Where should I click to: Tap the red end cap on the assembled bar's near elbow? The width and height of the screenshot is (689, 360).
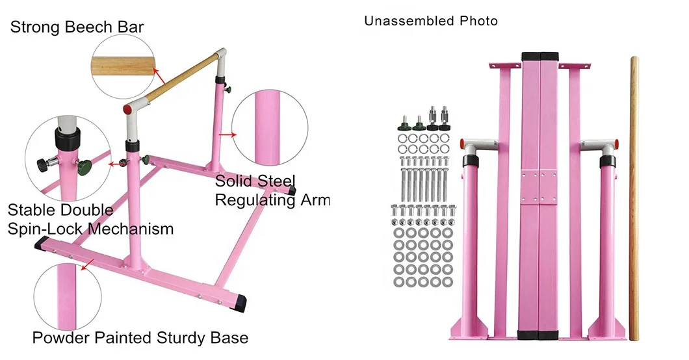click(x=128, y=110)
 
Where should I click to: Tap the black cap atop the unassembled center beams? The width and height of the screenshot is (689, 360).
click(x=541, y=56)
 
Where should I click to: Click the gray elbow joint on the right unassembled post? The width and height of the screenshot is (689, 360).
click(x=599, y=147)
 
